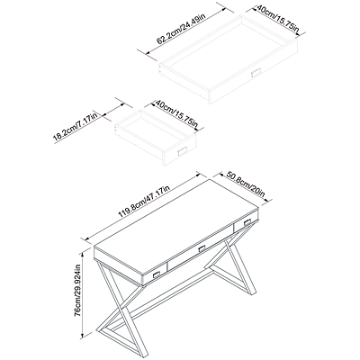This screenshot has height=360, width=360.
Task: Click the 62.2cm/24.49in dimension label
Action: (181, 28)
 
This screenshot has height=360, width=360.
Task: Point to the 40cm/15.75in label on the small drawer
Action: (176, 113)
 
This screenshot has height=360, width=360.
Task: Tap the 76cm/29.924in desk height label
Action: (77, 290)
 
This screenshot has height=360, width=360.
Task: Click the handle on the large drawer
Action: (256, 72)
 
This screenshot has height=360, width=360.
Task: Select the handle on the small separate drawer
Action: (183, 151)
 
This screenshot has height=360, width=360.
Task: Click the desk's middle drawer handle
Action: (202, 249)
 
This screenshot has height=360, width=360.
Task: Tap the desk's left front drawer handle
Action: (157, 274)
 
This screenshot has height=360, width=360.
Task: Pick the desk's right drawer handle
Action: (247, 222)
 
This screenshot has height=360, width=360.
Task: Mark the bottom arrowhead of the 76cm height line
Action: (82, 335)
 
